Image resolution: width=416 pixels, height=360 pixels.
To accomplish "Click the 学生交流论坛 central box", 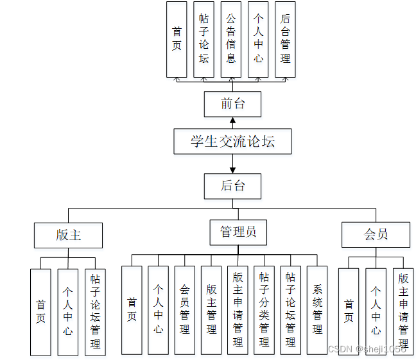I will (x=232, y=142).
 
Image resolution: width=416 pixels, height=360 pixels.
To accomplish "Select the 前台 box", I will (x=232, y=104).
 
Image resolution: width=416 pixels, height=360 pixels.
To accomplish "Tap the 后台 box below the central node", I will (x=232, y=186).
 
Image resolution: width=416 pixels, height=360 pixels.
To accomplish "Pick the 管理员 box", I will (x=238, y=232).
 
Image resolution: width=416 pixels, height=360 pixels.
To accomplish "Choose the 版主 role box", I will (x=68, y=235).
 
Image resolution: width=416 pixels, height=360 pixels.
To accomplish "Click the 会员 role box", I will (x=376, y=235).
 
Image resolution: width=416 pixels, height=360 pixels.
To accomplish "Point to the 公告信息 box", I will (x=231, y=39).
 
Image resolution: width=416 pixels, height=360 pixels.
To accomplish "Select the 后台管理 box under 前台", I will (x=285, y=39).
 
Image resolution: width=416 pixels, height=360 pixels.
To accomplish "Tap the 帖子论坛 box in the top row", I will (x=204, y=39).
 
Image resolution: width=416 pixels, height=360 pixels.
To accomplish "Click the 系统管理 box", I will (x=317, y=311).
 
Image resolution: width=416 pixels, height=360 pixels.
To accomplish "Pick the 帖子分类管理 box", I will (x=264, y=311).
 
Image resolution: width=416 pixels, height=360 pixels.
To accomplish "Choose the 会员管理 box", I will (x=185, y=311).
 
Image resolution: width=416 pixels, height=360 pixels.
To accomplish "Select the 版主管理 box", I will (x=211, y=311).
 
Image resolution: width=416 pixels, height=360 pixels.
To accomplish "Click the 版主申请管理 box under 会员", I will (x=403, y=312).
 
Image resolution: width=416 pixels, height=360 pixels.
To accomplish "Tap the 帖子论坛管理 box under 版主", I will (x=95, y=312).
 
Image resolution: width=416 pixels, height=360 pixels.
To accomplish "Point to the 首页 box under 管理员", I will (x=132, y=311).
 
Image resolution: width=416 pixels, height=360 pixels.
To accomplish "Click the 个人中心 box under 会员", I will (x=376, y=312).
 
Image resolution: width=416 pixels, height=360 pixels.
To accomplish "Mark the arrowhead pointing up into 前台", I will (x=232, y=120).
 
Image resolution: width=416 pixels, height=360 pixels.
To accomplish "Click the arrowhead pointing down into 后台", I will (x=232, y=170).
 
